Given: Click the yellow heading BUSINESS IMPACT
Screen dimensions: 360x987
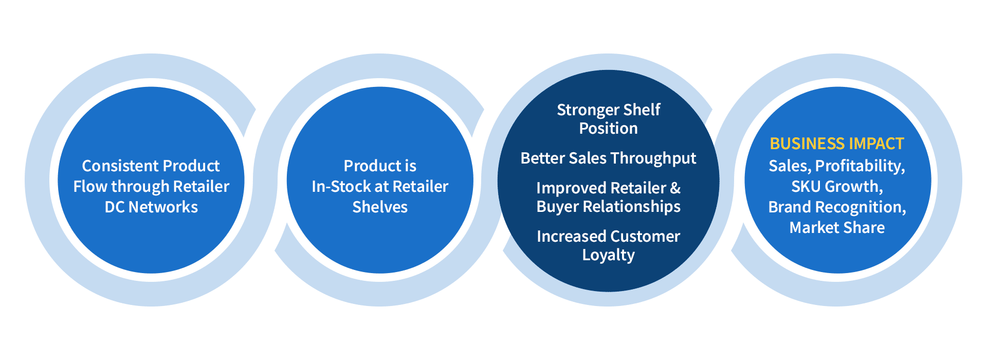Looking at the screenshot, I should point(836,143).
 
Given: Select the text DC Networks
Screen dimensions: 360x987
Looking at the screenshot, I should point(151,207).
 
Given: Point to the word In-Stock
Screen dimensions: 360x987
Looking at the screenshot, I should point(341,187).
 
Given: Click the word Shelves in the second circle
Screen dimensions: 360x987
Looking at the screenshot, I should point(380,207).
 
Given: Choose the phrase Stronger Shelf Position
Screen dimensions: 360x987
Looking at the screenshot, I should point(608,119).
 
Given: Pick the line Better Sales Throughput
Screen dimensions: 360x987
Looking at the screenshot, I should point(608,158).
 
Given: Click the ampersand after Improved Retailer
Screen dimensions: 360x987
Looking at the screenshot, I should point(675,188).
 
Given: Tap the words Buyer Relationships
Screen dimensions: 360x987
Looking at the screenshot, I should point(608,207).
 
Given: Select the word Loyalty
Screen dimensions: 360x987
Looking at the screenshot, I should point(608,255).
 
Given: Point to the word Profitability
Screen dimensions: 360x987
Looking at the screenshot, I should point(860,166).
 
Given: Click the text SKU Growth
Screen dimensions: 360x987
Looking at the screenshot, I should point(837,187).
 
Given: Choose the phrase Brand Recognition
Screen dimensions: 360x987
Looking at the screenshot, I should point(837,207).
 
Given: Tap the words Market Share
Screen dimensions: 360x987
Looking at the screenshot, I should point(837,228).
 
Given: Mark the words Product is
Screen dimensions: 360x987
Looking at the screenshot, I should point(380,166).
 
